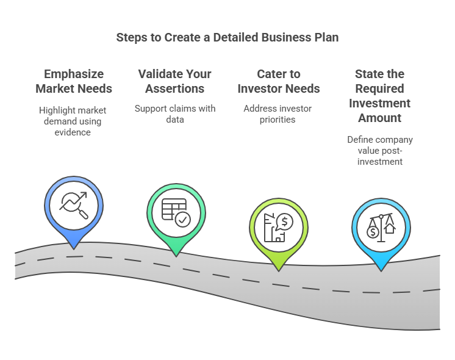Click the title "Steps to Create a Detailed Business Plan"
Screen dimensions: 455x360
[x=227, y=38]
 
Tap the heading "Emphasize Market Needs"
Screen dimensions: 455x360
[x=74, y=81]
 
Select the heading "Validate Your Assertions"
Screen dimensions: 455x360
[x=174, y=81]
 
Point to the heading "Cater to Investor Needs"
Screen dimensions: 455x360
[x=279, y=81]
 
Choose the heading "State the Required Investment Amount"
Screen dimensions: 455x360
[x=379, y=96]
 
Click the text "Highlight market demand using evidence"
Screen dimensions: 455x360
[x=73, y=121]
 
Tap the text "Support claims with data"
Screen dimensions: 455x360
[x=175, y=114]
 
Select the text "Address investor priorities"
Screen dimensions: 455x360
[x=278, y=114]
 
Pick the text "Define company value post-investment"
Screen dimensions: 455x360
[x=380, y=150]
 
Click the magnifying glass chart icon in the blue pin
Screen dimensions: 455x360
[x=74, y=205]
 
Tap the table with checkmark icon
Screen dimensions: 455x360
[x=176, y=213]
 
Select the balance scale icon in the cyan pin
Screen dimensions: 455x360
[x=381, y=228]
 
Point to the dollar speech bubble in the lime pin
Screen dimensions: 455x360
[x=284, y=222]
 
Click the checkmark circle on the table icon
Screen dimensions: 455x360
[x=183, y=220]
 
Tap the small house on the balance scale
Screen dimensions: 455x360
[x=390, y=228]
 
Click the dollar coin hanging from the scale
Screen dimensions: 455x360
[x=373, y=232]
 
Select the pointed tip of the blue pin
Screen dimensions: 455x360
[x=74, y=249]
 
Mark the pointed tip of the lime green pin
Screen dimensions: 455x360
[x=279, y=271]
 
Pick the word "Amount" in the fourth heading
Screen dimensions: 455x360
[x=379, y=118]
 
